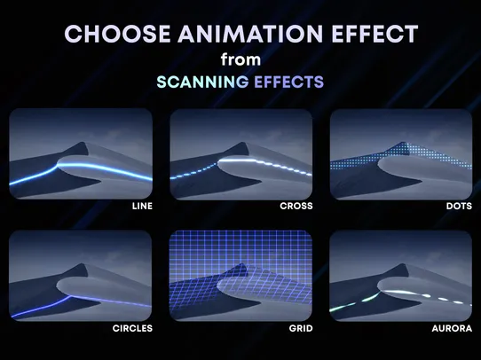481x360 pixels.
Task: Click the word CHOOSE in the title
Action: click(x=110, y=34)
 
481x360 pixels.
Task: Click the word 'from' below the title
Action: click(x=240, y=59)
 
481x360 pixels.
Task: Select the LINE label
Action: click(x=140, y=206)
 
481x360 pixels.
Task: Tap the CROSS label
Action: click(x=296, y=206)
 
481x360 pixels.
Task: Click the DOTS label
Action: click(x=458, y=206)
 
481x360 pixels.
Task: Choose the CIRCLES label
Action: click(x=133, y=327)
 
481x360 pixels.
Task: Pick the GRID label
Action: click(x=299, y=327)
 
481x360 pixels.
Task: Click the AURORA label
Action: click(x=453, y=327)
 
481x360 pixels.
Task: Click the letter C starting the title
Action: click(x=74, y=34)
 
